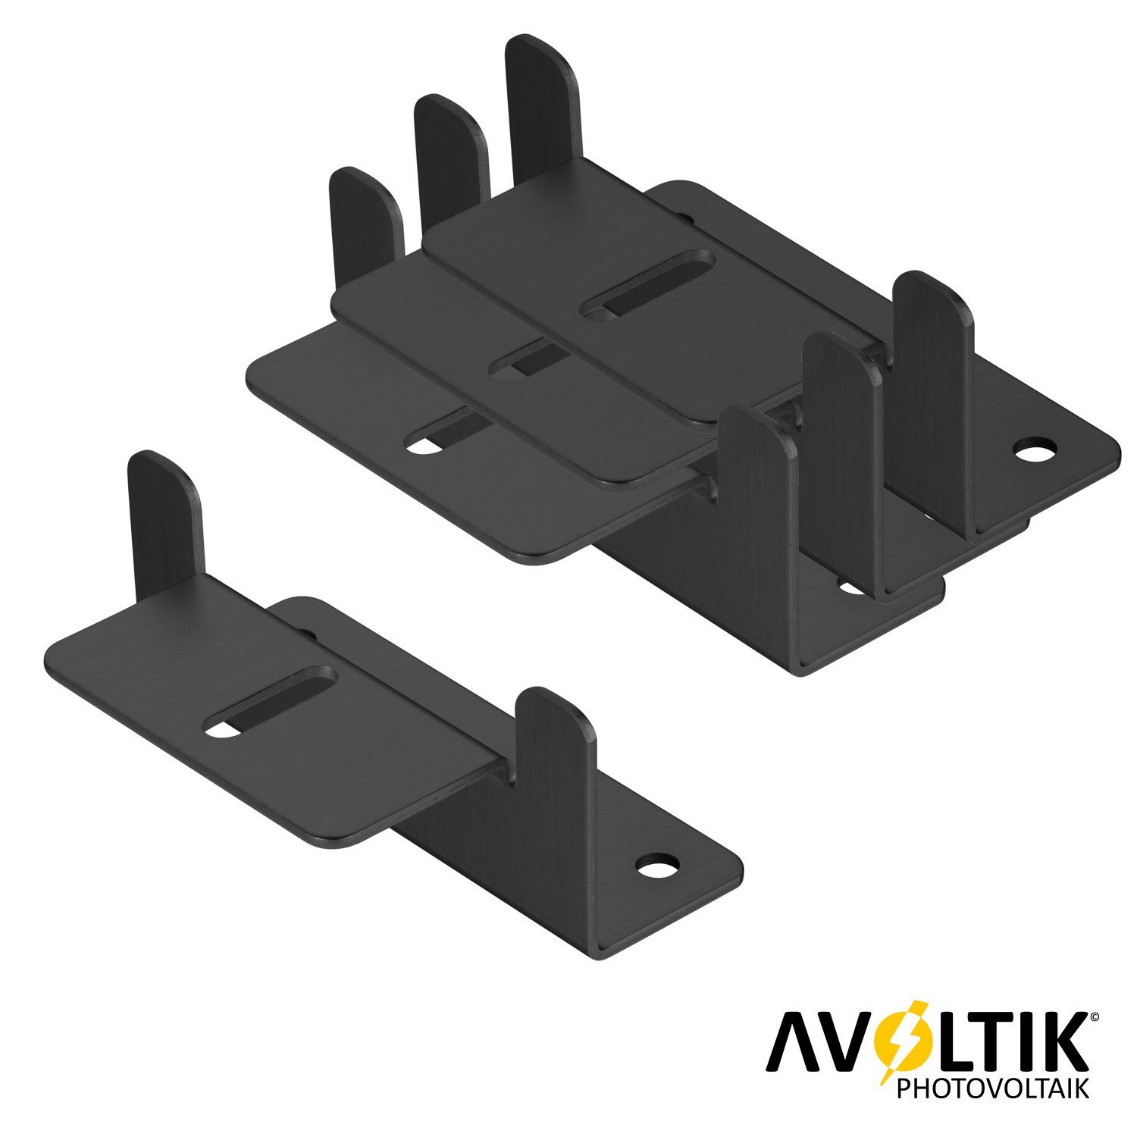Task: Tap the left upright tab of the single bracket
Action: click(x=163, y=515)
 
